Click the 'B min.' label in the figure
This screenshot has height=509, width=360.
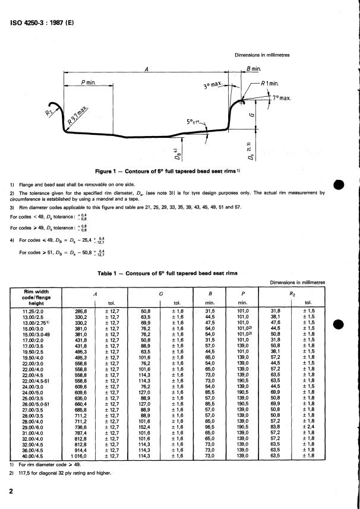pos(253,71)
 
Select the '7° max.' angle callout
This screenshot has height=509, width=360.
pos(280,97)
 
